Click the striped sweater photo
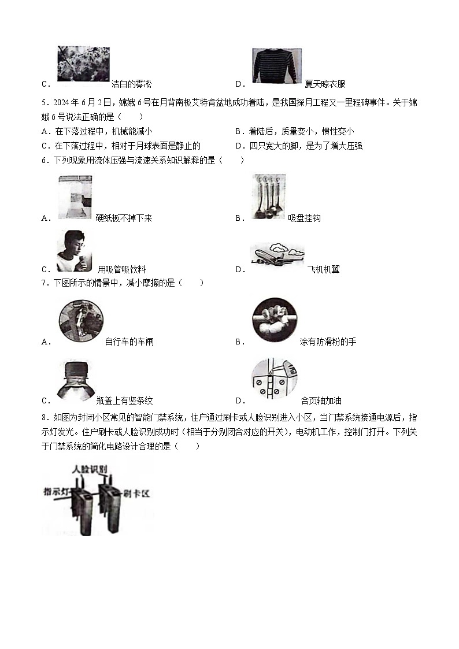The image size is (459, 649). click(x=276, y=68)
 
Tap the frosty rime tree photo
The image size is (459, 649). click(x=83, y=64)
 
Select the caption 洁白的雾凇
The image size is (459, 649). click(x=131, y=84)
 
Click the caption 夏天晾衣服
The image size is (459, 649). click(x=325, y=84)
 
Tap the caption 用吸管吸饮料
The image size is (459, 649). click(x=121, y=269)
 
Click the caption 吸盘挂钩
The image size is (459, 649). click(x=304, y=218)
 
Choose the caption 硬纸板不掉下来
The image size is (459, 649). click(x=124, y=218)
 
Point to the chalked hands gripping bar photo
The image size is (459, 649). click(x=274, y=320)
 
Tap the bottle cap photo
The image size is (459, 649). click(x=76, y=381)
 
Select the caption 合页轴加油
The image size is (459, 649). click(x=321, y=400)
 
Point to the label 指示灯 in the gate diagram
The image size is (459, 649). click(x=58, y=492)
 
